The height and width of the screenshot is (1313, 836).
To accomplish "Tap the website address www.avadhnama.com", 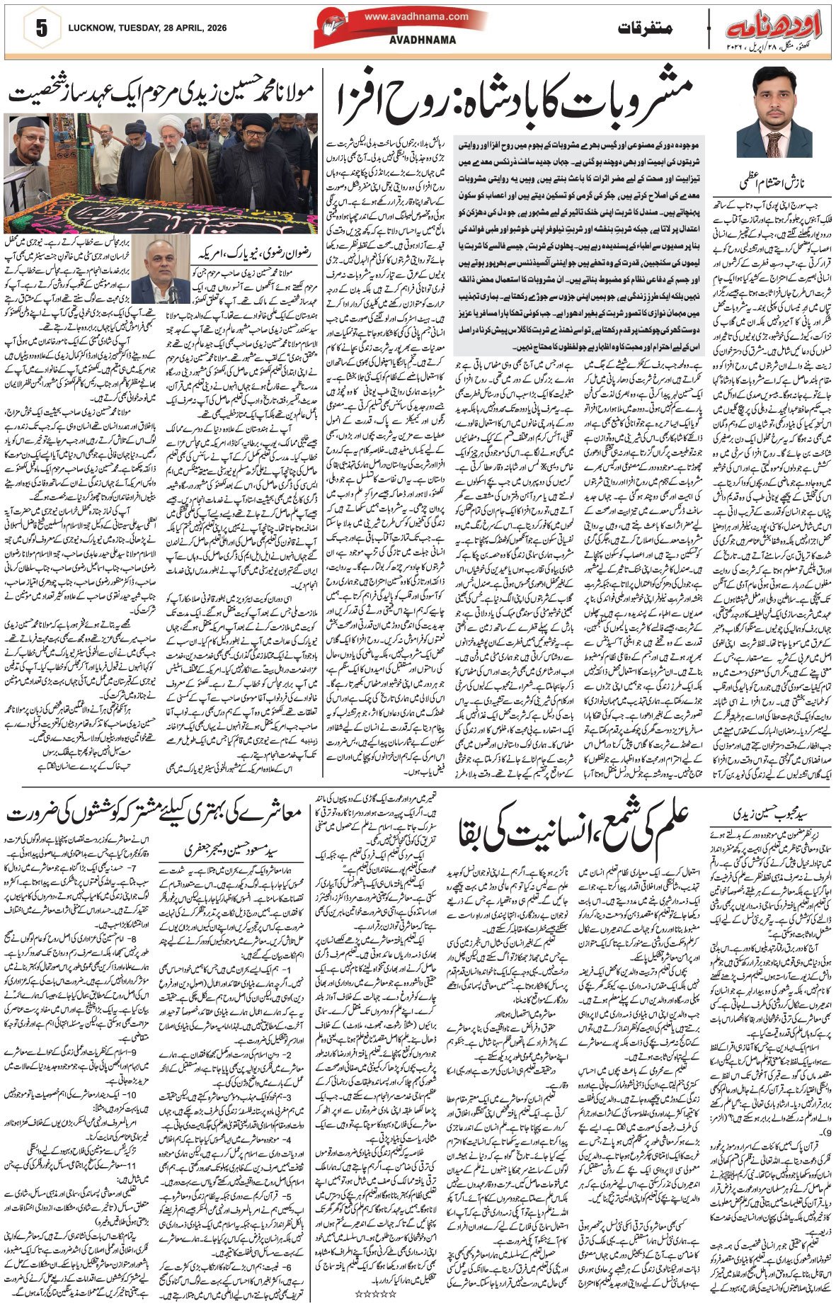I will (417, 17).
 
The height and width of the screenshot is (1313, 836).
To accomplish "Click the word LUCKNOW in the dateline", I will (91, 29).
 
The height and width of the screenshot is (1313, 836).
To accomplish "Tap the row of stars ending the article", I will (372, 1293).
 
